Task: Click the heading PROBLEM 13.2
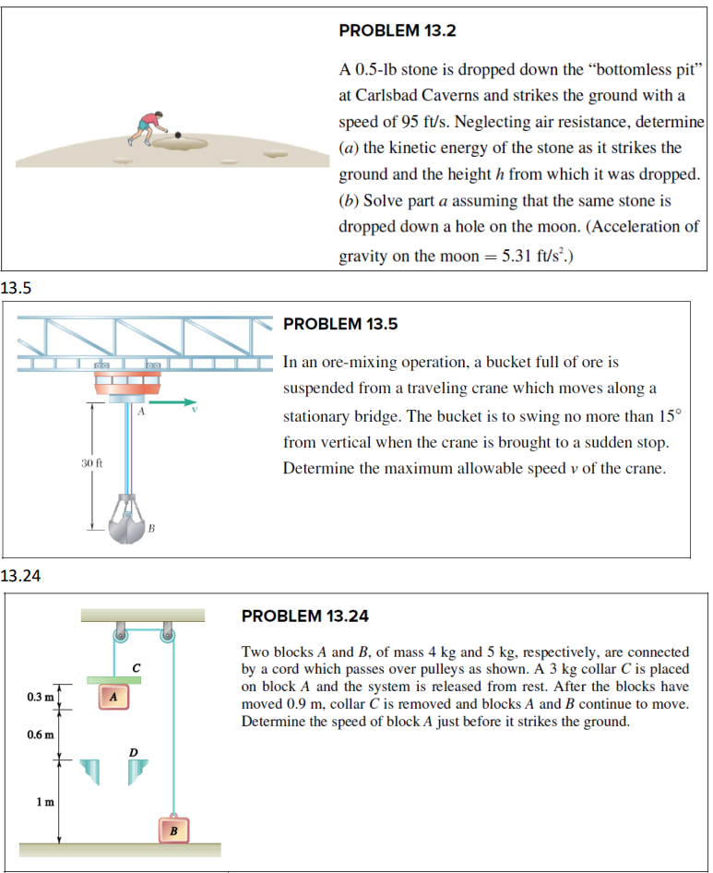(x=397, y=30)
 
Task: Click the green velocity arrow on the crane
(x=176, y=402)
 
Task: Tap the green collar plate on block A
(x=113, y=680)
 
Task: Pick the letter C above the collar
(x=136, y=666)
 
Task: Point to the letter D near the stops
(x=133, y=752)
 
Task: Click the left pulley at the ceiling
(x=120, y=635)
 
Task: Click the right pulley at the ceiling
(x=168, y=635)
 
